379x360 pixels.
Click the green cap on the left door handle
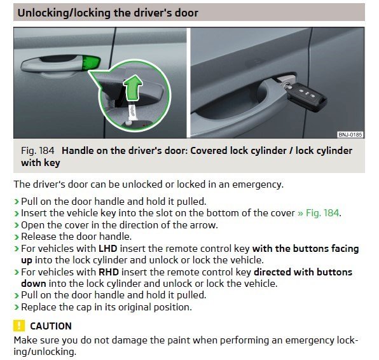coord(91,64)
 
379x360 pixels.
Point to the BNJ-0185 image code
coord(350,134)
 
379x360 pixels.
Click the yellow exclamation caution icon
coord(19,326)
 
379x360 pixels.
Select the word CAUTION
coord(51,326)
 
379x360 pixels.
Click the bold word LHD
coord(107,248)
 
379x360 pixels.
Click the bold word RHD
coord(108,272)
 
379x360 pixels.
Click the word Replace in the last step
coord(39,307)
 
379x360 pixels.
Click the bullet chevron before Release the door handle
coord(17,237)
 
